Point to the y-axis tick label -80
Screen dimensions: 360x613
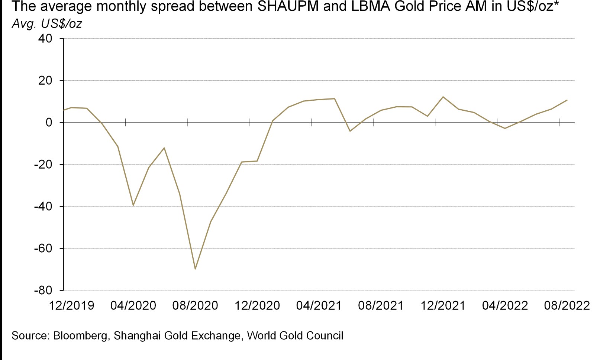[x=43, y=291]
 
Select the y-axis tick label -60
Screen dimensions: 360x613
[x=43, y=249]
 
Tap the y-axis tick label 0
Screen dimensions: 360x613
[x=49, y=123]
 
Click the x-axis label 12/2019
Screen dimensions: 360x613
[x=72, y=306]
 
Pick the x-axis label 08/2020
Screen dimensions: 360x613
[x=195, y=306]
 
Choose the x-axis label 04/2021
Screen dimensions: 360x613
[x=319, y=306]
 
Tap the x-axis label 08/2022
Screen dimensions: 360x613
[x=567, y=306]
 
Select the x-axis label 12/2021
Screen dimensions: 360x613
[x=443, y=306]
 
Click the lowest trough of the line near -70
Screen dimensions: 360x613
[x=195, y=269]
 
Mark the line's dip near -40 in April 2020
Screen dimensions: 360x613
[x=133, y=205]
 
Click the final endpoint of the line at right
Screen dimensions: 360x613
[x=567, y=100]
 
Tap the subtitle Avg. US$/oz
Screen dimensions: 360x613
[x=47, y=24]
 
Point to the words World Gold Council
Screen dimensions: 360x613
[x=295, y=336]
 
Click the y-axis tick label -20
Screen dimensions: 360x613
[x=43, y=165]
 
